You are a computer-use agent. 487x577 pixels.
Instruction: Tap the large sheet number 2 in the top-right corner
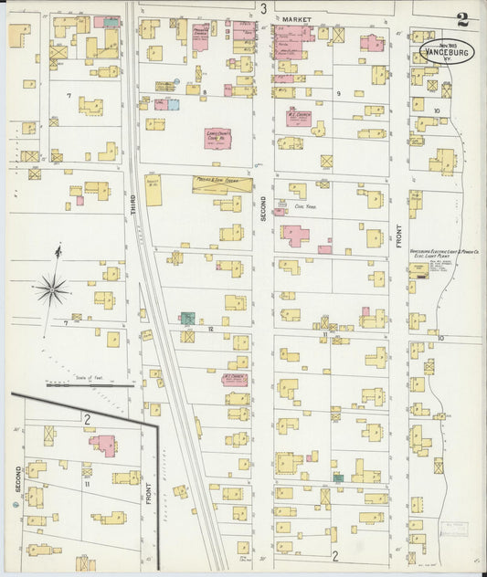pos(462,18)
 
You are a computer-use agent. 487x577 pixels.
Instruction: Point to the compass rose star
pos(52,290)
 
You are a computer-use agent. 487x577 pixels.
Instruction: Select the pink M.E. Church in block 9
pos(299,118)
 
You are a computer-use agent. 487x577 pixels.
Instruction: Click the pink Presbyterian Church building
pos(200,37)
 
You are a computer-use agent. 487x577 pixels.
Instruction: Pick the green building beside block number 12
pos(187,318)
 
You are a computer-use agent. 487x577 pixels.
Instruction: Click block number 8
pos(205,92)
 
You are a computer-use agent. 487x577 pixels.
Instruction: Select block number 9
pos(337,93)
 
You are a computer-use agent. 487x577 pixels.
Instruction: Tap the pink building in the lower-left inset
pos(102,445)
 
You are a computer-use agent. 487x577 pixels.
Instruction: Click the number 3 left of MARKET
pos(263,9)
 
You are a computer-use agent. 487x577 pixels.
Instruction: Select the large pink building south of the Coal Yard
pos(296,235)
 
